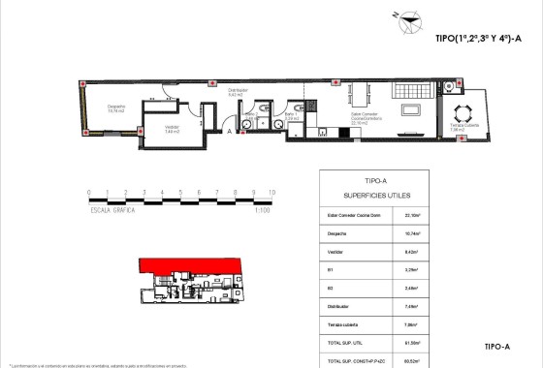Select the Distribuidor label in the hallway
[x=239, y=92]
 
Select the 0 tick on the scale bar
[x=88, y=194]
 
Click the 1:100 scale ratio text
[x=261, y=209]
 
